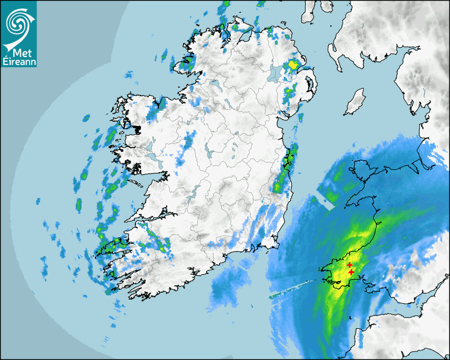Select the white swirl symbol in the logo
point(19,22)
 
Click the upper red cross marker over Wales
point(349,264)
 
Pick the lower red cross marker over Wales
point(351,272)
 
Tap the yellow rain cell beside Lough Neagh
point(293,65)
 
